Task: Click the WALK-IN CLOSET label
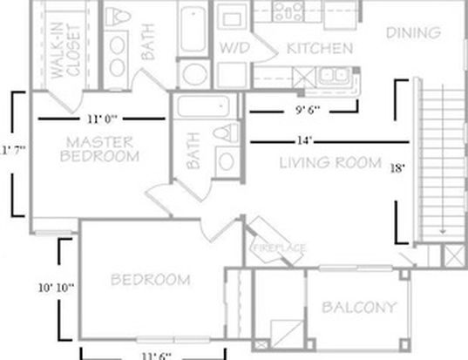(65, 51)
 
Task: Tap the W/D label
(234, 48)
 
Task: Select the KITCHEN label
(320, 48)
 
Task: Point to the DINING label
(413, 33)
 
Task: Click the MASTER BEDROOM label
(99, 149)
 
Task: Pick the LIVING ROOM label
(330, 163)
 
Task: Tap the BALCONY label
(359, 307)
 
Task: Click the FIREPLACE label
(279, 248)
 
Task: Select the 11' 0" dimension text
(102, 119)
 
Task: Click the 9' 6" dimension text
(308, 110)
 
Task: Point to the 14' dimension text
(304, 140)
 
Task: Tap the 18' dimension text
(397, 168)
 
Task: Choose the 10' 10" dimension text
(56, 288)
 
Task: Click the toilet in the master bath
(119, 17)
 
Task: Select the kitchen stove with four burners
(288, 11)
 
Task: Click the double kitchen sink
(334, 75)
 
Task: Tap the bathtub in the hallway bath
(203, 106)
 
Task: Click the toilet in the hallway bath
(226, 133)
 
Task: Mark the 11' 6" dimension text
(156, 357)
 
